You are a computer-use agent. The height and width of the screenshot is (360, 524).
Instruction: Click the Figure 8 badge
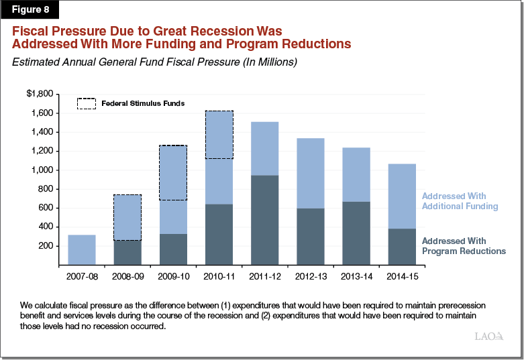(x=30, y=10)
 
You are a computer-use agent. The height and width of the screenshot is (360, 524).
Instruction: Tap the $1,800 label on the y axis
(x=40, y=94)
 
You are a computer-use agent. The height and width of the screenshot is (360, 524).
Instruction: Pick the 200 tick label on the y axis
(x=45, y=246)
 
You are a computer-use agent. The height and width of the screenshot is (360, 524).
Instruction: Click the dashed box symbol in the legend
(x=87, y=104)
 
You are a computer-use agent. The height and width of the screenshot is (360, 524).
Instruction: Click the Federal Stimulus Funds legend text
(x=143, y=104)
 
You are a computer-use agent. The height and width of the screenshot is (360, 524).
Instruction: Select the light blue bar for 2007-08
(x=82, y=249)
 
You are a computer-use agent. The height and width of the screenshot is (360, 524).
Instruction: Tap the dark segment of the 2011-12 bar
(x=264, y=220)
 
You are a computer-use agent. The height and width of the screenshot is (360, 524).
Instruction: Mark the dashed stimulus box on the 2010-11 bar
(x=219, y=135)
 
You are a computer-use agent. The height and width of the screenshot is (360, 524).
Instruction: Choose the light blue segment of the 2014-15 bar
(x=401, y=196)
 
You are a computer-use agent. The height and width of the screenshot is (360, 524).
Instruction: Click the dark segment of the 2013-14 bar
(x=356, y=233)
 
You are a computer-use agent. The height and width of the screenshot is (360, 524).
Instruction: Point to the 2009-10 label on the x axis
(x=173, y=276)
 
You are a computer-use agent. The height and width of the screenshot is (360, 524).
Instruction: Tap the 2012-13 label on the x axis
(x=310, y=276)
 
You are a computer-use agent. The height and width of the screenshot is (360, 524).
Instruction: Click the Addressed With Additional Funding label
(x=460, y=201)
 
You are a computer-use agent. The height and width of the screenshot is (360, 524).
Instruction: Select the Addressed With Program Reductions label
(x=463, y=245)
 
